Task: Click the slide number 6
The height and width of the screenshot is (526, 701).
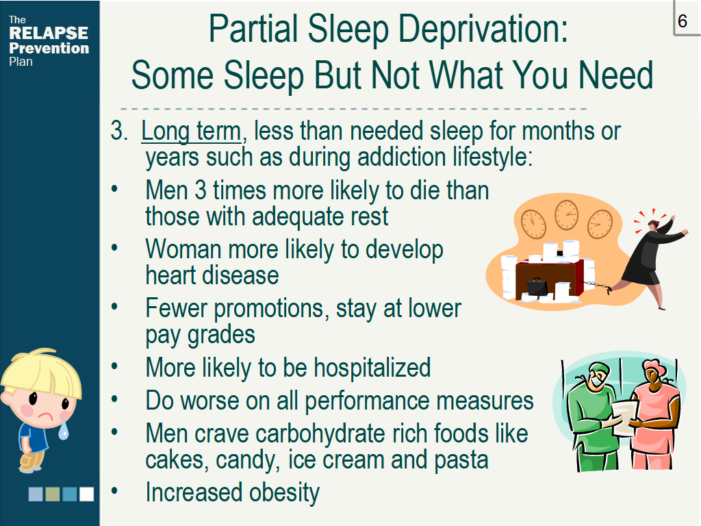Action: [683, 21]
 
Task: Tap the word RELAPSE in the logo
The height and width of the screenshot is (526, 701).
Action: [49, 33]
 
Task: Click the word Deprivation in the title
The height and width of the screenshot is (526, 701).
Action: [483, 29]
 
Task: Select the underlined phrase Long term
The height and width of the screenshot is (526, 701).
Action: [191, 131]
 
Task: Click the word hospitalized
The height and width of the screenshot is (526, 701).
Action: [372, 368]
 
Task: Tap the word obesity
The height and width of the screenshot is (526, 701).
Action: [284, 493]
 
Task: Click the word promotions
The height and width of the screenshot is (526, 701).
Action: [271, 309]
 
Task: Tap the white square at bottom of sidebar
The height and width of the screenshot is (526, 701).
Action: [86, 494]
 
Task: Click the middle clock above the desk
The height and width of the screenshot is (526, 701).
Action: [566, 215]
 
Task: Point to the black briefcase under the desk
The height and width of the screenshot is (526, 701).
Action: [537, 287]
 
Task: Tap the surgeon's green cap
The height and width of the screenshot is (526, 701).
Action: [599, 368]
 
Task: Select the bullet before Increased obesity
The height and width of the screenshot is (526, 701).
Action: [114, 491]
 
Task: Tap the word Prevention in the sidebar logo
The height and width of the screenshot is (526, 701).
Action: [49, 49]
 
